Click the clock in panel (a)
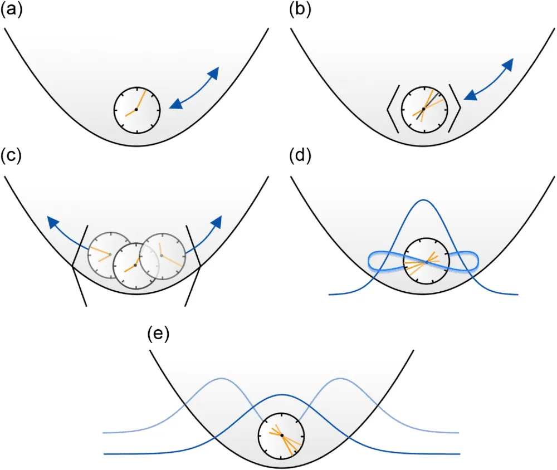136,110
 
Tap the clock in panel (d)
426,262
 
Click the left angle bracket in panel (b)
392,109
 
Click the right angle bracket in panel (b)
455,109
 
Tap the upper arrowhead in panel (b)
507,66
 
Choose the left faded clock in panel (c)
110,254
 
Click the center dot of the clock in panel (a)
136,110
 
